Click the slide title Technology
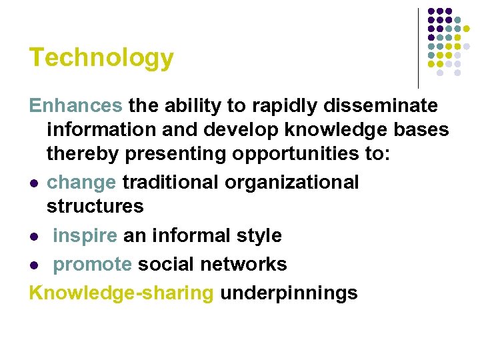point(101,58)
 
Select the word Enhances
point(75,105)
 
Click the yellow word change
point(82,182)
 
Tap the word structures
point(95,206)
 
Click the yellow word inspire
point(85,235)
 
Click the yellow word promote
point(93,264)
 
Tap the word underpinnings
point(289,293)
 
